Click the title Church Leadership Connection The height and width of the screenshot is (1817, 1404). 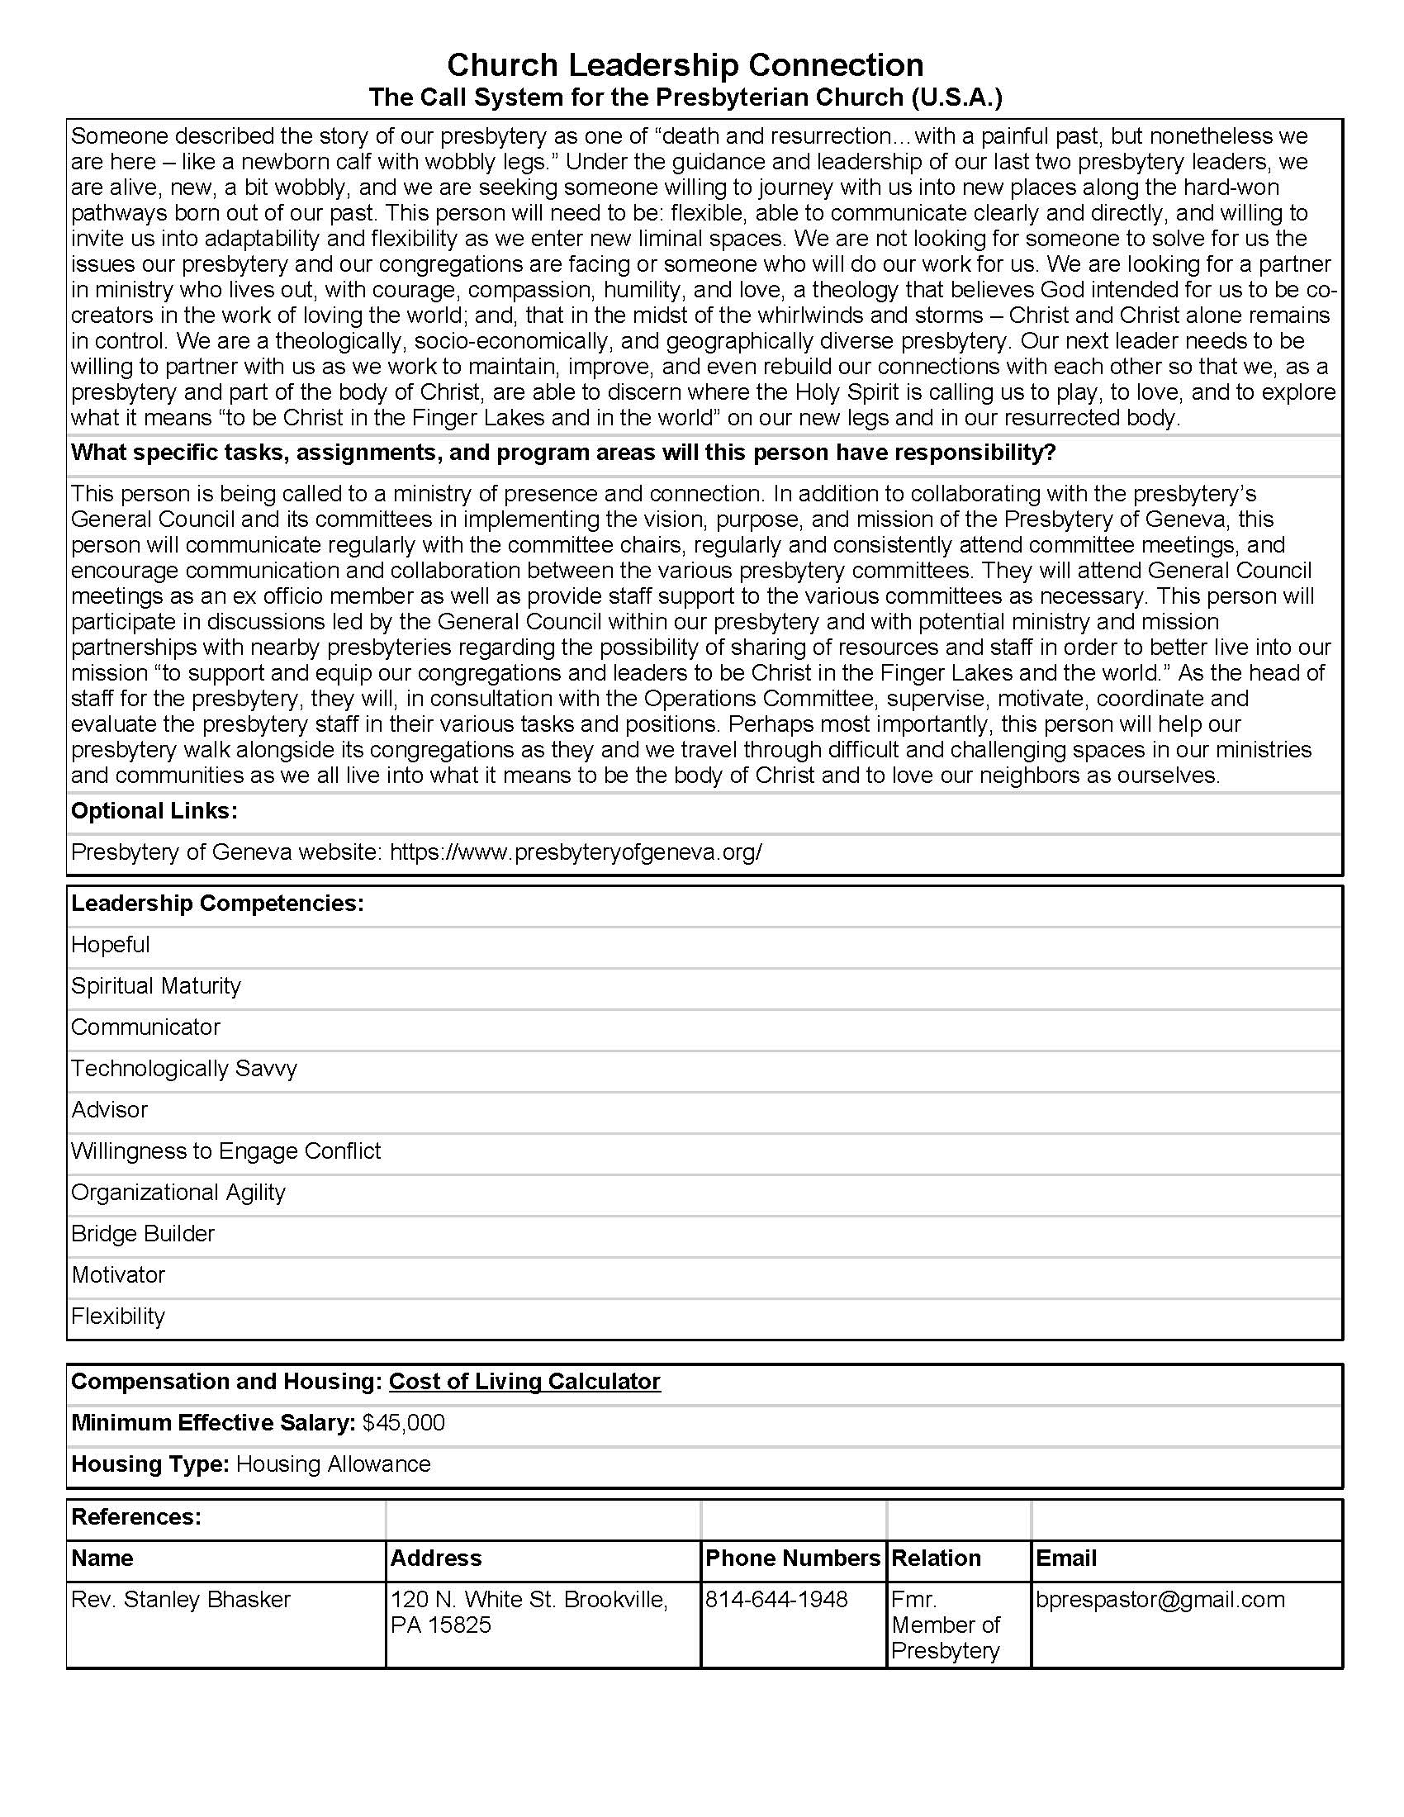685,65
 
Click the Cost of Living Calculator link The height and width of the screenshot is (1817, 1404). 524,1381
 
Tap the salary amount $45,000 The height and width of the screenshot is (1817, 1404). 403,1423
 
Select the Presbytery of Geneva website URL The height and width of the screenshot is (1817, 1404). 576,852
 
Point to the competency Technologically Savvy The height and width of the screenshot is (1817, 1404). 184,1068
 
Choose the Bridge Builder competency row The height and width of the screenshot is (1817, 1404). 143,1233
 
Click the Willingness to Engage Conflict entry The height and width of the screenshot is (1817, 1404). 225,1150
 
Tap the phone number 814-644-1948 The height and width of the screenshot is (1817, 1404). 776,1599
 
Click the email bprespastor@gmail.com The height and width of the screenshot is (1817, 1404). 1160,1599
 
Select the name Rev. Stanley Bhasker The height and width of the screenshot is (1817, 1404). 181,1599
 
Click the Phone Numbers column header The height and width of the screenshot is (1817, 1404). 792,1558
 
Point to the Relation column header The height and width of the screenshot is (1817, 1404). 936,1558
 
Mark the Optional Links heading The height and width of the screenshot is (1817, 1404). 154,811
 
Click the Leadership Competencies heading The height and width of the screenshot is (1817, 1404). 217,904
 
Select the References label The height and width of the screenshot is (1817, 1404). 136,1516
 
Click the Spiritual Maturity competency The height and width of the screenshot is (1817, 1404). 155,986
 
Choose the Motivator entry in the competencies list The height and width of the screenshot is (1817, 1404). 118,1274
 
